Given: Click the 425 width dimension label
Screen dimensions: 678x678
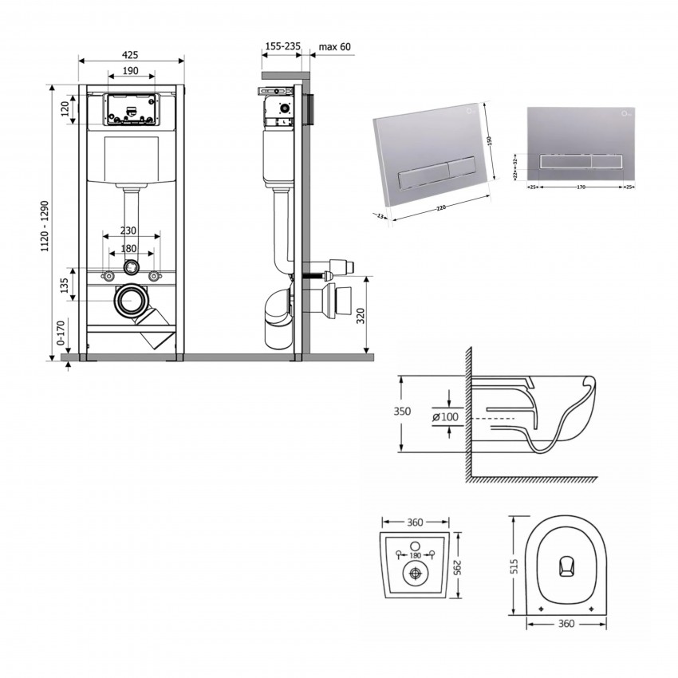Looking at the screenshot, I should point(131,55).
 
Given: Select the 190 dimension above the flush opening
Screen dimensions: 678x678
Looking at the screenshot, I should point(132,71).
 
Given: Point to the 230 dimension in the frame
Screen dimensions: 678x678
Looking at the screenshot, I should point(128,231).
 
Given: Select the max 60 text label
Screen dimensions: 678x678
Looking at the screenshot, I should point(334,47).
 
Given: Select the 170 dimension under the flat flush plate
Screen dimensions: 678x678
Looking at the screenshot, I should point(581,187).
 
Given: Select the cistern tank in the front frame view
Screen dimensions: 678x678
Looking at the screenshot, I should point(132,159).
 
